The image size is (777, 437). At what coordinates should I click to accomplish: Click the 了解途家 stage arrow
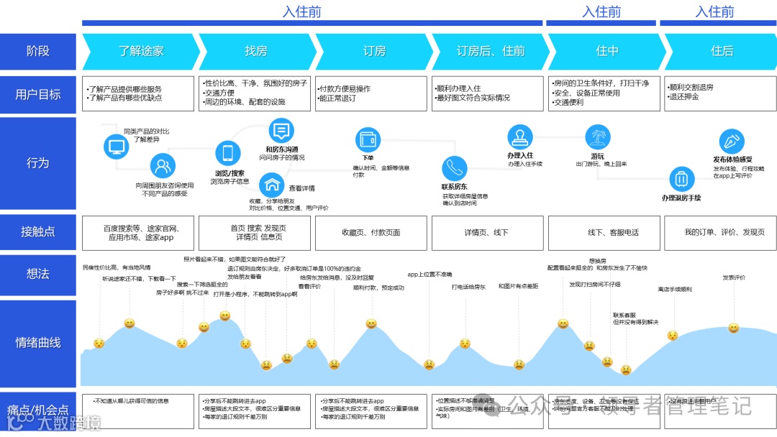(141, 51)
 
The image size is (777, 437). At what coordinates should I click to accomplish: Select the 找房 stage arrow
(256, 51)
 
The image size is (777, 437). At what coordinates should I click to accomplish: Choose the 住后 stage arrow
(722, 51)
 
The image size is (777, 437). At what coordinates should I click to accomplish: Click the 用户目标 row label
(38, 94)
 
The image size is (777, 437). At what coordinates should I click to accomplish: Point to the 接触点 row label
(38, 231)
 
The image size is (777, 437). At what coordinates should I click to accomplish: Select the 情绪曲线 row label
(38, 343)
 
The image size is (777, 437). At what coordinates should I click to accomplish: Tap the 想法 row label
(38, 273)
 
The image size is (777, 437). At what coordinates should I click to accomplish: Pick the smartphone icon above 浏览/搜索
(228, 153)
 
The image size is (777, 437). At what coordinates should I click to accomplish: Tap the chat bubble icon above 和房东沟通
(281, 131)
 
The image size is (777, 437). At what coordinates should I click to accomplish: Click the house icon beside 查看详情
(271, 184)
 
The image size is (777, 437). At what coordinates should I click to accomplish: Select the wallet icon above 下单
(368, 139)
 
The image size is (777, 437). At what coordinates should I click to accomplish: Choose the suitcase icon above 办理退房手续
(682, 179)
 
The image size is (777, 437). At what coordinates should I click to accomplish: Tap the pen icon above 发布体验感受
(732, 140)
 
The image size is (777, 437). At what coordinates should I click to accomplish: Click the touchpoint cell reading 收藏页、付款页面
(371, 232)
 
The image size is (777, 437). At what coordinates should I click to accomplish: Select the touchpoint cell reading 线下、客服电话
(604, 232)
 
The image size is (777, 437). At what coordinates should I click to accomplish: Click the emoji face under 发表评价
(733, 328)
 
